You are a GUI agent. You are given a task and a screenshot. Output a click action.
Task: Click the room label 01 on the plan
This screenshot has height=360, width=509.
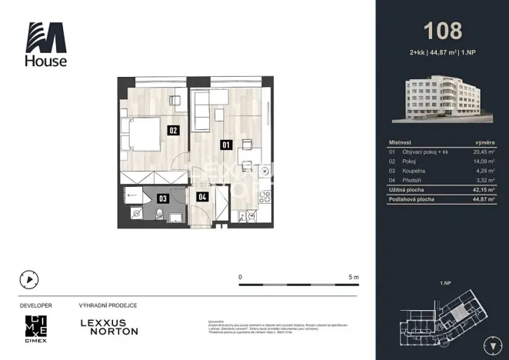coord(226,144)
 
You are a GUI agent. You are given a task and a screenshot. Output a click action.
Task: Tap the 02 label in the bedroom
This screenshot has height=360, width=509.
coord(173,131)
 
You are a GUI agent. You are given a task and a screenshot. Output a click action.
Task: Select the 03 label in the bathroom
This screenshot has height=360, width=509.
coord(163,198)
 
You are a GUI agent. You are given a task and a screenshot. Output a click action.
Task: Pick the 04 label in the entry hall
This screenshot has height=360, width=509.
coord(202,197)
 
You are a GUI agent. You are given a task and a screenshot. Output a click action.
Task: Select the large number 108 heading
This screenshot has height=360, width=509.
coord(443,31)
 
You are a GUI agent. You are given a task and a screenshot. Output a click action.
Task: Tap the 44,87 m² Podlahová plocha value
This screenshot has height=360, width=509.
coord(482,198)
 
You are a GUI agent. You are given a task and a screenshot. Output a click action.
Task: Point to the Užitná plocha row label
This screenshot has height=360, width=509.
coord(408,188)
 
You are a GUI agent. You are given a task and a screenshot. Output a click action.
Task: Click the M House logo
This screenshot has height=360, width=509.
coord(46,44)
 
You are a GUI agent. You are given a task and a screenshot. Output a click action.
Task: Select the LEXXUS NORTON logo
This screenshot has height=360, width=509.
coord(109,327)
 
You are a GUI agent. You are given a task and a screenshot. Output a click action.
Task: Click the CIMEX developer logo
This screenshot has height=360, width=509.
coord(36,328)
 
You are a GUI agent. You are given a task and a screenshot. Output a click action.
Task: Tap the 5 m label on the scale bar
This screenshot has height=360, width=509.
coord(354,276)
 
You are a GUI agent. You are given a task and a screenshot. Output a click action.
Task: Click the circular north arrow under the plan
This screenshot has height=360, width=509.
coord(29,280)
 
